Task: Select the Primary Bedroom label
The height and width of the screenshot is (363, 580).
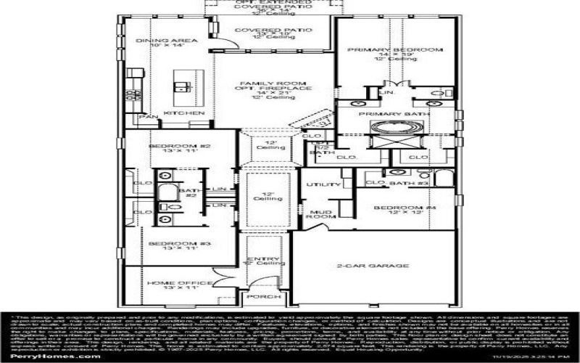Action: point(394,49)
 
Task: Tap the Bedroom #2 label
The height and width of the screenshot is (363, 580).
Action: point(169,147)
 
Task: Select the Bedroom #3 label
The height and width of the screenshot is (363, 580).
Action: point(169,244)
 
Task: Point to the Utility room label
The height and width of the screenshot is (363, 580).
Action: point(318,186)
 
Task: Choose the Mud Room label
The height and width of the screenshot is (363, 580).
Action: point(319,213)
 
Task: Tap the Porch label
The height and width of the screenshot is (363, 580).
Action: point(258,297)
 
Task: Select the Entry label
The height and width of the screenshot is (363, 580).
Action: point(258,260)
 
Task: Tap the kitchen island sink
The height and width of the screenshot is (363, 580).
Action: point(182,86)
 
